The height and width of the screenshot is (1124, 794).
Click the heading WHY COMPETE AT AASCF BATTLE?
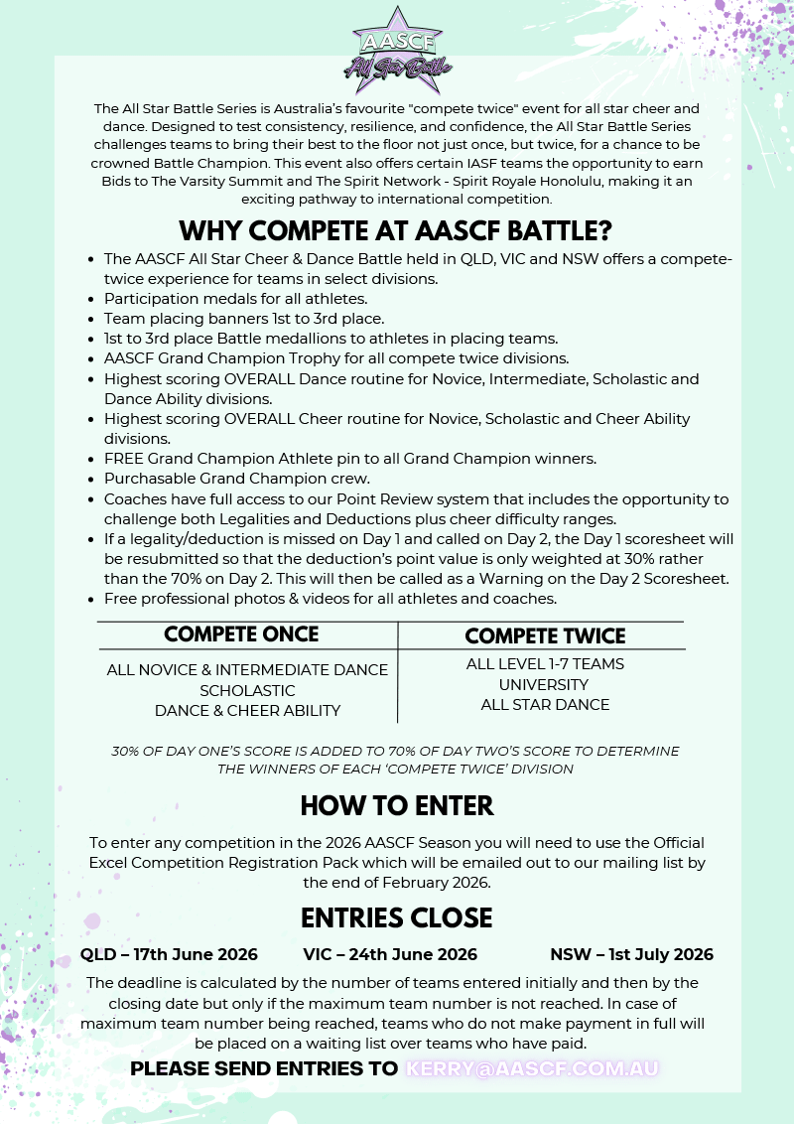click(x=396, y=231)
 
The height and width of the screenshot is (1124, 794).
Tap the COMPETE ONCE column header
click(x=241, y=634)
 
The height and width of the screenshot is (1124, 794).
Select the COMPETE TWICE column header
click(x=545, y=636)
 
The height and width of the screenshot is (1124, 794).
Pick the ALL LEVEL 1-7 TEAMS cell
click(x=545, y=664)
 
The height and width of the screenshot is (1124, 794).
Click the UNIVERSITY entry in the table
click(x=544, y=685)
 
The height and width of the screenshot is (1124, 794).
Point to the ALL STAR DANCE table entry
click(x=545, y=705)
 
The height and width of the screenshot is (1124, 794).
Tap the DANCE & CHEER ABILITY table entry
click(x=247, y=711)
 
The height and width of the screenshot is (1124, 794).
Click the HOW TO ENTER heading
click(x=397, y=805)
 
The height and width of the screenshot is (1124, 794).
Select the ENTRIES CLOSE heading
click(x=397, y=918)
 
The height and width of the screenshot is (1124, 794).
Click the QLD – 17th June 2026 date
click(x=169, y=955)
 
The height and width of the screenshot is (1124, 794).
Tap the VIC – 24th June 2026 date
click(x=390, y=955)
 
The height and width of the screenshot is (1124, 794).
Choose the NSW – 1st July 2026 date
click(x=631, y=955)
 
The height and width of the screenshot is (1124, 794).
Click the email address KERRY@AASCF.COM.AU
click(x=532, y=1069)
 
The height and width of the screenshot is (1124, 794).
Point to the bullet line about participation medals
click(x=235, y=299)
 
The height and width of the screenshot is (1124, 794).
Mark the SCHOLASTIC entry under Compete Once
click(x=247, y=690)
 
